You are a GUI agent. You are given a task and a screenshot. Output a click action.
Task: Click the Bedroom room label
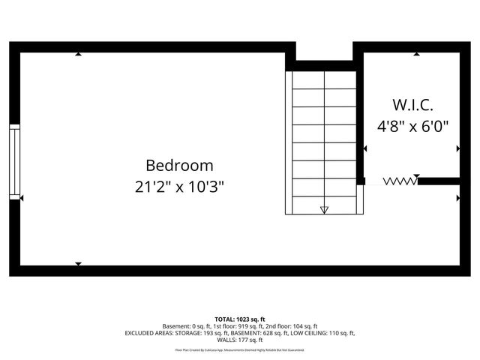pyautogui.click(x=179, y=165)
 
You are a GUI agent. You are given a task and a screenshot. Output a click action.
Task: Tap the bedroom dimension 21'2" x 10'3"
pyautogui.click(x=179, y=187)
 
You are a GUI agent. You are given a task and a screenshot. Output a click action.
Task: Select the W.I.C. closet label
pyautogui.click(x=412, y=104)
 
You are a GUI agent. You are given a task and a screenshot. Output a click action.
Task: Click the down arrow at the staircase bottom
pyautogui.click(x=324, y=210)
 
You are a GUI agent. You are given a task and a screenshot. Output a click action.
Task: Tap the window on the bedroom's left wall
pyautogui.click(x=14, y=160)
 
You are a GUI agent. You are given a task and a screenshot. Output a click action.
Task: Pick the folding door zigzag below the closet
pyautogui.click(x=398, y=181)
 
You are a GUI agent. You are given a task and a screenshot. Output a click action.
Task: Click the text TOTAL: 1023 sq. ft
pyautogui.click(x=240, y=319)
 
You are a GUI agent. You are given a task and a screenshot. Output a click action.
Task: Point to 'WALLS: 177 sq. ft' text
pyautogui.click(x=240, y=340)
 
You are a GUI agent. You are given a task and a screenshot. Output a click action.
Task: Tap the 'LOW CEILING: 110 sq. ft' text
pyautogui.click(x=319, y=333)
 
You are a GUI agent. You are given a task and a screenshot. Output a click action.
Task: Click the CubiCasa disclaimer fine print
pyautogui.click(x=240, y=349)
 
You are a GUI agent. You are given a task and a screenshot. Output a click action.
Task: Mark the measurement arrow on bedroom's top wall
pyautogui.click(x=78, y=54)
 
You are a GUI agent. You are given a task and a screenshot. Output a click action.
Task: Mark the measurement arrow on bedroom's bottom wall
pyautogui.click(x=78, y=263)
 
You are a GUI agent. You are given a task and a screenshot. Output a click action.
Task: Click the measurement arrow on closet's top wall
pyautogui.click(x=417, y=54)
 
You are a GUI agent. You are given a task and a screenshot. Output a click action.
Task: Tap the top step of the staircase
pyautogui.click(x=324, y=79)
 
